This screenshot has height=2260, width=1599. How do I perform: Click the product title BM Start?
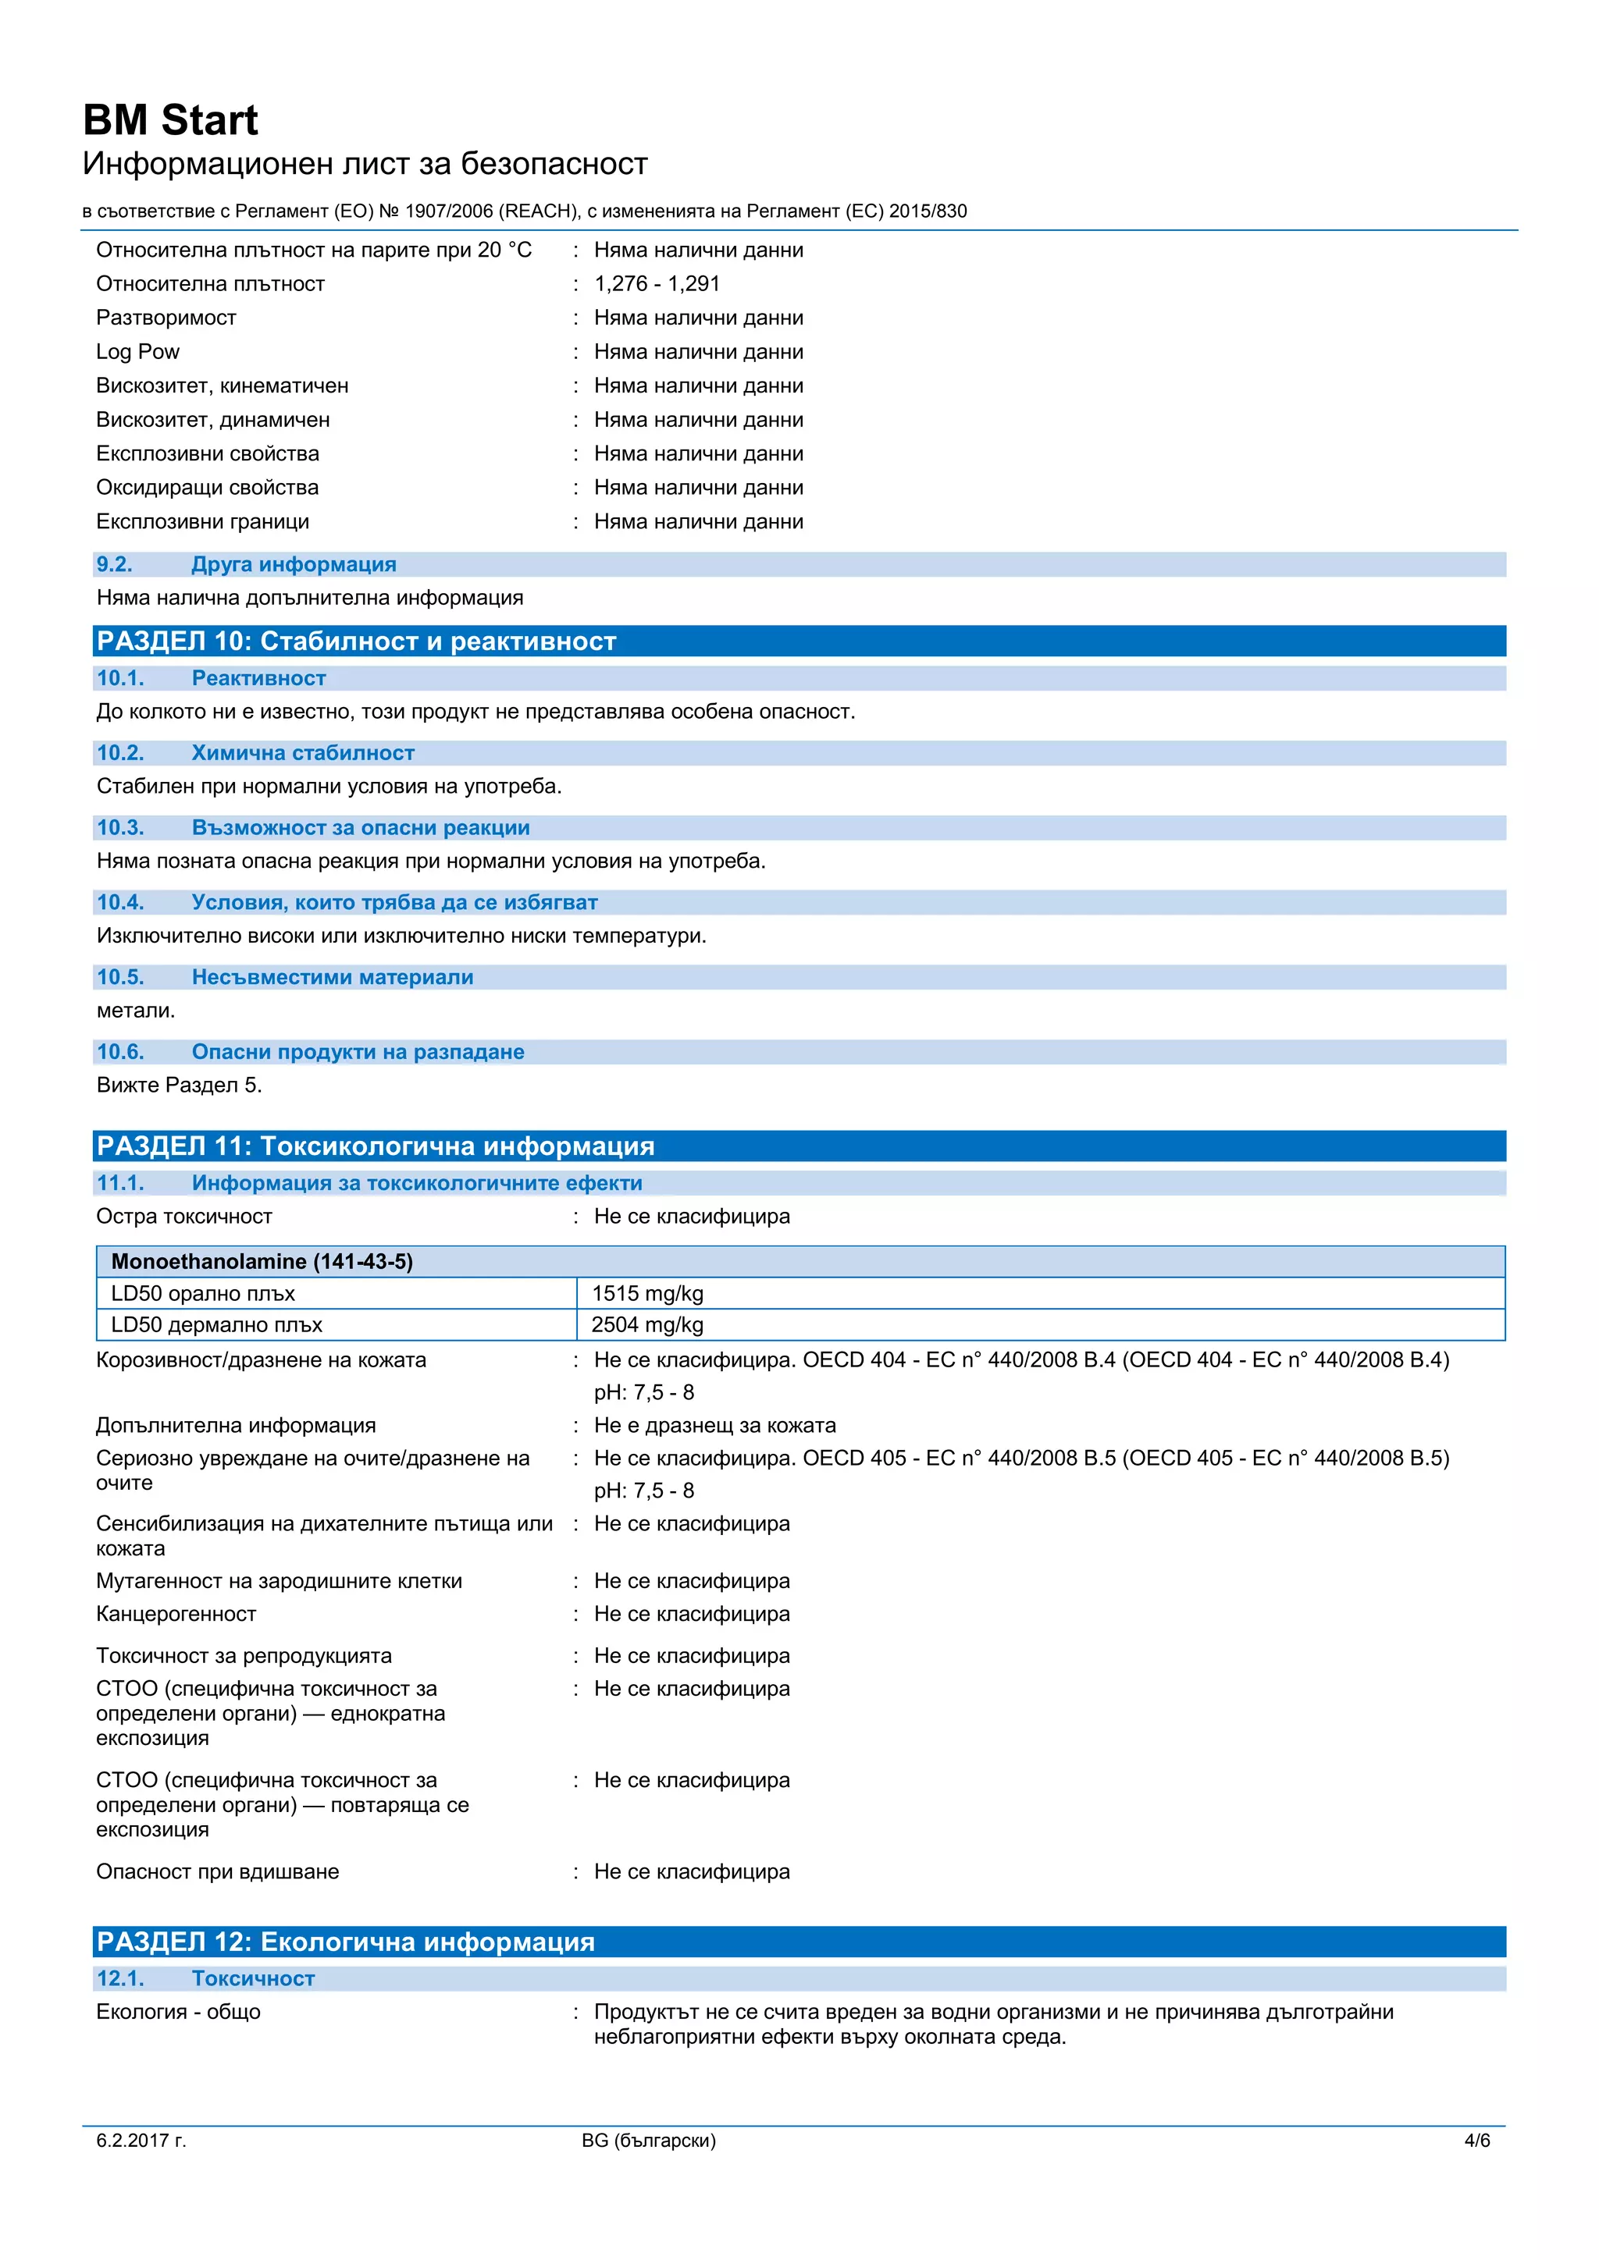[169, 120]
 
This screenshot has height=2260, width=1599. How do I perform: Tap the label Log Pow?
[138, 351]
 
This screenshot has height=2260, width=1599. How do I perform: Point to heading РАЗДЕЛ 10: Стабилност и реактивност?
[357, 641]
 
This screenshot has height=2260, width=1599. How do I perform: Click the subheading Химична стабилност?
[302, 753]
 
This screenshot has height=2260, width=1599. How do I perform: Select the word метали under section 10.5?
[135, 1010]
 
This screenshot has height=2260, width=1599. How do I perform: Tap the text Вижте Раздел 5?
[180, 1085]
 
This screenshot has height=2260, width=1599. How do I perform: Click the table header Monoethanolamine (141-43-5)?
[262, 1261]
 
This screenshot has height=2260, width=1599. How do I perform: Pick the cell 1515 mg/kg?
[647, 1293]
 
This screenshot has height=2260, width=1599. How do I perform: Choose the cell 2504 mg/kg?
[647, 1325]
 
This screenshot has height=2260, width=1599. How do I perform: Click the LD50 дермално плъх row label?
[216, 1325]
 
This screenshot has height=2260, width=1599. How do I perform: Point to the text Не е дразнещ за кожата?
[715, 1425]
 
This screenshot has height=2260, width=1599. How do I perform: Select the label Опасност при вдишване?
[218, 1871]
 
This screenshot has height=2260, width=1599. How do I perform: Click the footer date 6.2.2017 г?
[141, 2140]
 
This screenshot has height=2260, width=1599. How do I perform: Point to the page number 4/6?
[1477, 2140]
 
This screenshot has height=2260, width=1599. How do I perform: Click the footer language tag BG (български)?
[649, 2140]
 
